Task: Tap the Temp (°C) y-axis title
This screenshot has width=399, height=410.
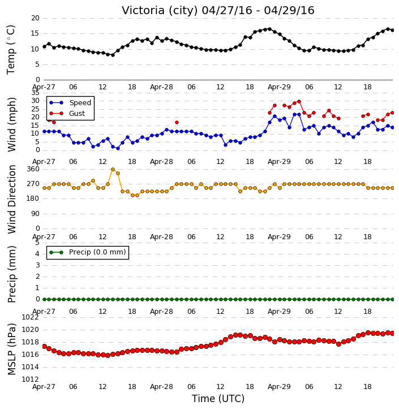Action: pos(11,50)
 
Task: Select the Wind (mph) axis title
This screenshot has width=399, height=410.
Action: pos(12,124)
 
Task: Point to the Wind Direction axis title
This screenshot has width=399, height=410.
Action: pos(12,199)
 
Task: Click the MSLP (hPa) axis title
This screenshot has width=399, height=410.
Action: pos(12,349)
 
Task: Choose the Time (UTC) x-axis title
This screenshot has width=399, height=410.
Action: pos(218,399)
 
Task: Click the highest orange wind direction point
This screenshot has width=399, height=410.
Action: pos(113,170)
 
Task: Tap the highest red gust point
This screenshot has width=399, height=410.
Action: pos(299,101)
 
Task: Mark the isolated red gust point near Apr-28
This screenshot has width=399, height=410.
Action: pos(177,122)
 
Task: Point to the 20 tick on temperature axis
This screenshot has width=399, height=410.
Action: pos(35,18)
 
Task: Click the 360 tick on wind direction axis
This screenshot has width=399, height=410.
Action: pos(33,169)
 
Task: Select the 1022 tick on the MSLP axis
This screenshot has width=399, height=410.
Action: pos(30,317)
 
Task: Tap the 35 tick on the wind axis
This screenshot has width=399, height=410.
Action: pos(35,93)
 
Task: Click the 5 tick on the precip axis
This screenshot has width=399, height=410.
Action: pos(37,243)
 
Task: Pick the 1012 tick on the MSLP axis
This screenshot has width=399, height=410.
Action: pos(30,379)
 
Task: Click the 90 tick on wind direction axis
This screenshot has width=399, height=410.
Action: pos(35,214)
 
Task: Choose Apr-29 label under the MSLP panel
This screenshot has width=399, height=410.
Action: pos(279,386)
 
